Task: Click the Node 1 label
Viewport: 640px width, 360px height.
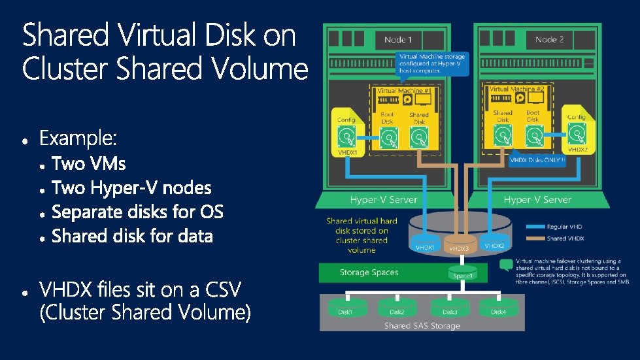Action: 398,40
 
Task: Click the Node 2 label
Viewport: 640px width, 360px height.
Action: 549,40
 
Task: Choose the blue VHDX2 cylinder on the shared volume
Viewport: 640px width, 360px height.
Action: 494,244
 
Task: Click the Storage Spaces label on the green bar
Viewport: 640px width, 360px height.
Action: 369,272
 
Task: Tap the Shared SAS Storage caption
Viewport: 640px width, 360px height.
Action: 422,325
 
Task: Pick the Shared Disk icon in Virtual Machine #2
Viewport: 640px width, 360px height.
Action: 503,136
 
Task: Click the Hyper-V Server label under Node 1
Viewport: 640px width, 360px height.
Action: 384,199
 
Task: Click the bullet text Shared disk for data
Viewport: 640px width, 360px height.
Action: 132,236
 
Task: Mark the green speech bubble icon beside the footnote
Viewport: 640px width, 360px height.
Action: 505,265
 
